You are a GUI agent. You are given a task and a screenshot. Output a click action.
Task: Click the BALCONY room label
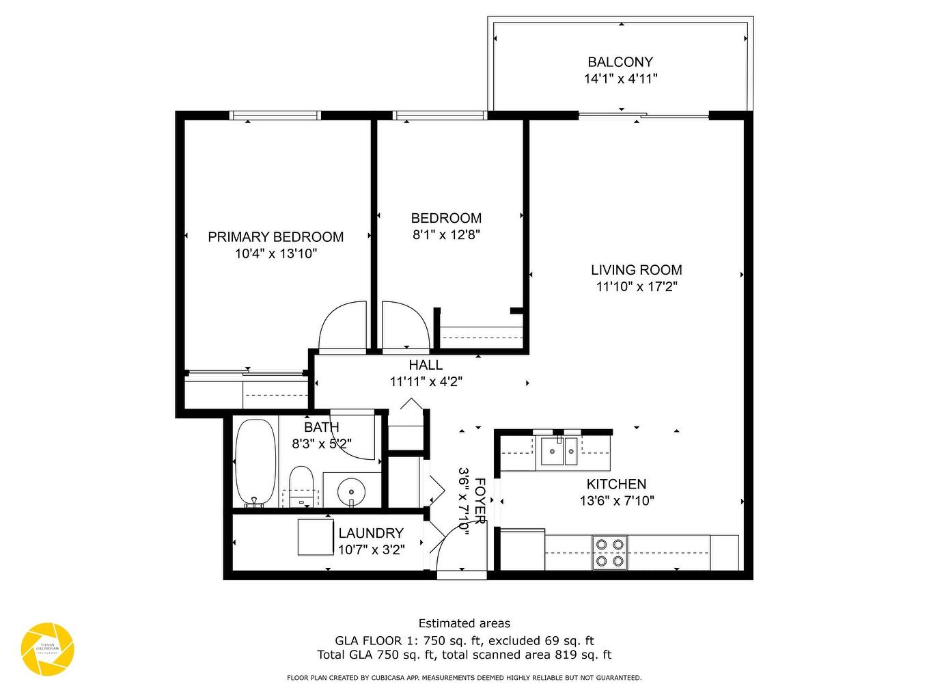pyautogui.click(x=620, y=61)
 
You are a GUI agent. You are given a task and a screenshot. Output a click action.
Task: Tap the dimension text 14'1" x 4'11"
pyautogui.click(x=620, y=79)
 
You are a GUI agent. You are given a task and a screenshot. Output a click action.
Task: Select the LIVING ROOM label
pyautogui.click(x=637, y=270)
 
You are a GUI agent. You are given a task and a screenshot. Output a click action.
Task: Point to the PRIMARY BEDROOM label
pyautogui.click(x=275, y=237)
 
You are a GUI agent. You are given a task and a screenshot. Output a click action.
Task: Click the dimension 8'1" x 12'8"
pyautogui.click(x=446, y=235)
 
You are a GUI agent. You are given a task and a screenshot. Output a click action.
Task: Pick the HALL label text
pyautogui.click(x=426, y=365)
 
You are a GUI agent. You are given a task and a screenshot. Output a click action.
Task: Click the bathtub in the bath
pyautogui.click(x=255, y=462)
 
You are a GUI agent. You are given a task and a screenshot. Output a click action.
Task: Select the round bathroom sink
pyautogui.click(x=352, y=490)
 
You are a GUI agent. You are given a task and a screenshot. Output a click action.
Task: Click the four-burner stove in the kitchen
pyautogui.click(x=610, y=553)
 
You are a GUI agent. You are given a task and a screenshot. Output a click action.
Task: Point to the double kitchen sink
pyautogui.click(x=559, y=451)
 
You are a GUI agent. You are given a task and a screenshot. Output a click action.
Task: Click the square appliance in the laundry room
pyautogui.click(x=316, y=537)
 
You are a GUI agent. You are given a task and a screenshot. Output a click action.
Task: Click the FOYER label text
pyautogui.click(x=480, y=501)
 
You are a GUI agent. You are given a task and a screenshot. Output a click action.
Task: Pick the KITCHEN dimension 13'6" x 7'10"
pyautogui.click(x=617, y=501)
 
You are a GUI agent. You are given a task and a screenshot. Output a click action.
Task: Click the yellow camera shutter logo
pyautogui.click(x=47, y=648)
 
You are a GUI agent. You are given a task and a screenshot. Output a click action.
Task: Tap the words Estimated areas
pyautogui.click(x=464, y=623)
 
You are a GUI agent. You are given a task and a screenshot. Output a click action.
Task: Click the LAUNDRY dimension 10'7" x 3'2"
pyautogui.click(x=371, y=549)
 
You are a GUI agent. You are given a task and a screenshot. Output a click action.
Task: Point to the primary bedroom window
pyautogui.click(x=275, y=115)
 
